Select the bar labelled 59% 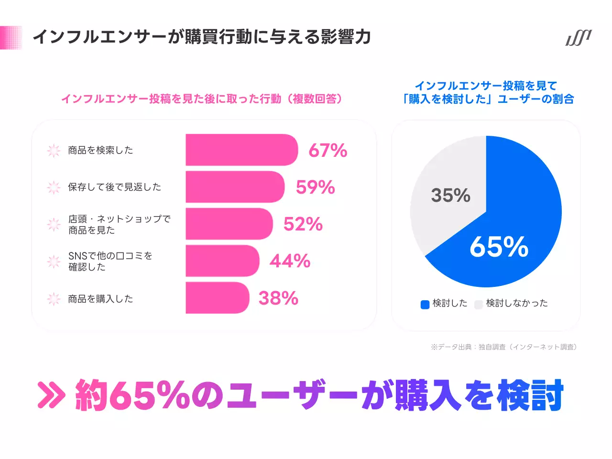[x=235, y=187]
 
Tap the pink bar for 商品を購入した [x=217, y=298]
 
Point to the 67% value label [x=328, y=150]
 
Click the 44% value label [x=290, y=261]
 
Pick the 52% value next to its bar [x=303, y=224]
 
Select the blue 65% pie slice [x=516, y=225]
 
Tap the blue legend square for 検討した [x=425, y=305]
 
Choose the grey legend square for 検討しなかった [x=479, y=305]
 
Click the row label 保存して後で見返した [x=115, y=187]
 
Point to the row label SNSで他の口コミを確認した [x=110, y=261]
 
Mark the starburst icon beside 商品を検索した [x=54, y=151]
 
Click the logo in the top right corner [x=579, y=38]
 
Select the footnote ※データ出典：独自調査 [x=503, y=347]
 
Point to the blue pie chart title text [x=487, y=92]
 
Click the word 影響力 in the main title [x=346, y=37]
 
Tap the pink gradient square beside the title [x=11, y=37]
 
